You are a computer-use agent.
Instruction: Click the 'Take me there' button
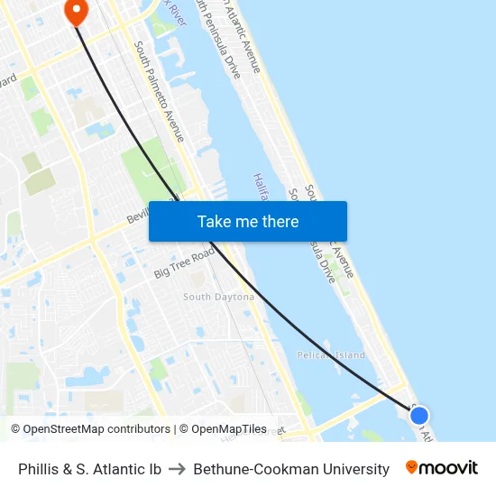[x=248, y=221]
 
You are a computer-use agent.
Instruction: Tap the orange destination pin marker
[x=76, y=11]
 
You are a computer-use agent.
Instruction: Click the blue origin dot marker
[x=418, y=416]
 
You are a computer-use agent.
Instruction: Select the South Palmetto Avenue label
[x=159, y=90]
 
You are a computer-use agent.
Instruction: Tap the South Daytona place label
[x=218, y=297]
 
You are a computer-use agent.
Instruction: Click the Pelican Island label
[x=331, y=355]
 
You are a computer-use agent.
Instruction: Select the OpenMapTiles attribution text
[x=228, y=429]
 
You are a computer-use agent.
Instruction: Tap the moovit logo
[x=441, y=468]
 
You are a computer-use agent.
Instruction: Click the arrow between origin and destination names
[x=178, y=469]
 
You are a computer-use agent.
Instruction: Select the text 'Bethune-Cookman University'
[x=291, y=469]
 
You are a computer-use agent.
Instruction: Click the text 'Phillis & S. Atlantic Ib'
[x=89, y=469]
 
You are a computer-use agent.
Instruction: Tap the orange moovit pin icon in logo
[x=412, y=467]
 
